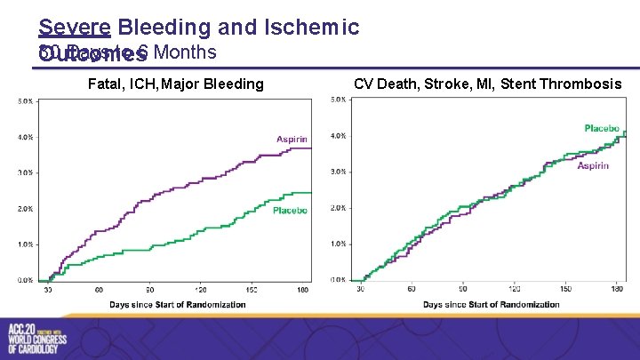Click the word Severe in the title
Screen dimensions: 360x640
tap(74, 27)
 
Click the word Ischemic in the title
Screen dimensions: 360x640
tap(311, 27)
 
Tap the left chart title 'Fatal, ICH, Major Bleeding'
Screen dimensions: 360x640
tap(176, 84)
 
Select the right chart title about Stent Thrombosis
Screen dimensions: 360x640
tap(488, 84)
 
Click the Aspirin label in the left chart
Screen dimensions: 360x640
tap(292, 139)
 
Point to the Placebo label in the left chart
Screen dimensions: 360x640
tap(290, 211)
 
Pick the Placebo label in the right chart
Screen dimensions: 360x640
tap(602, 129)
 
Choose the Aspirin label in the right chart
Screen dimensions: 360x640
tap(593, 166)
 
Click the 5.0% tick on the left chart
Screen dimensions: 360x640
tap(26, 101)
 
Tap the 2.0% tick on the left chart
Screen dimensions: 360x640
tap(26, 209)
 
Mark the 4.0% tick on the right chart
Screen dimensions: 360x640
tap(339, 136)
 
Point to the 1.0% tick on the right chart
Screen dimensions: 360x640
tap(339, 244)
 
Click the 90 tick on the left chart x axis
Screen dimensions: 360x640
tap(150, 290)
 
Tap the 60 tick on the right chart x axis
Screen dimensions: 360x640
tap(412, 289)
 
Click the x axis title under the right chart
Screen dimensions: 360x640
tap(491, 305)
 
